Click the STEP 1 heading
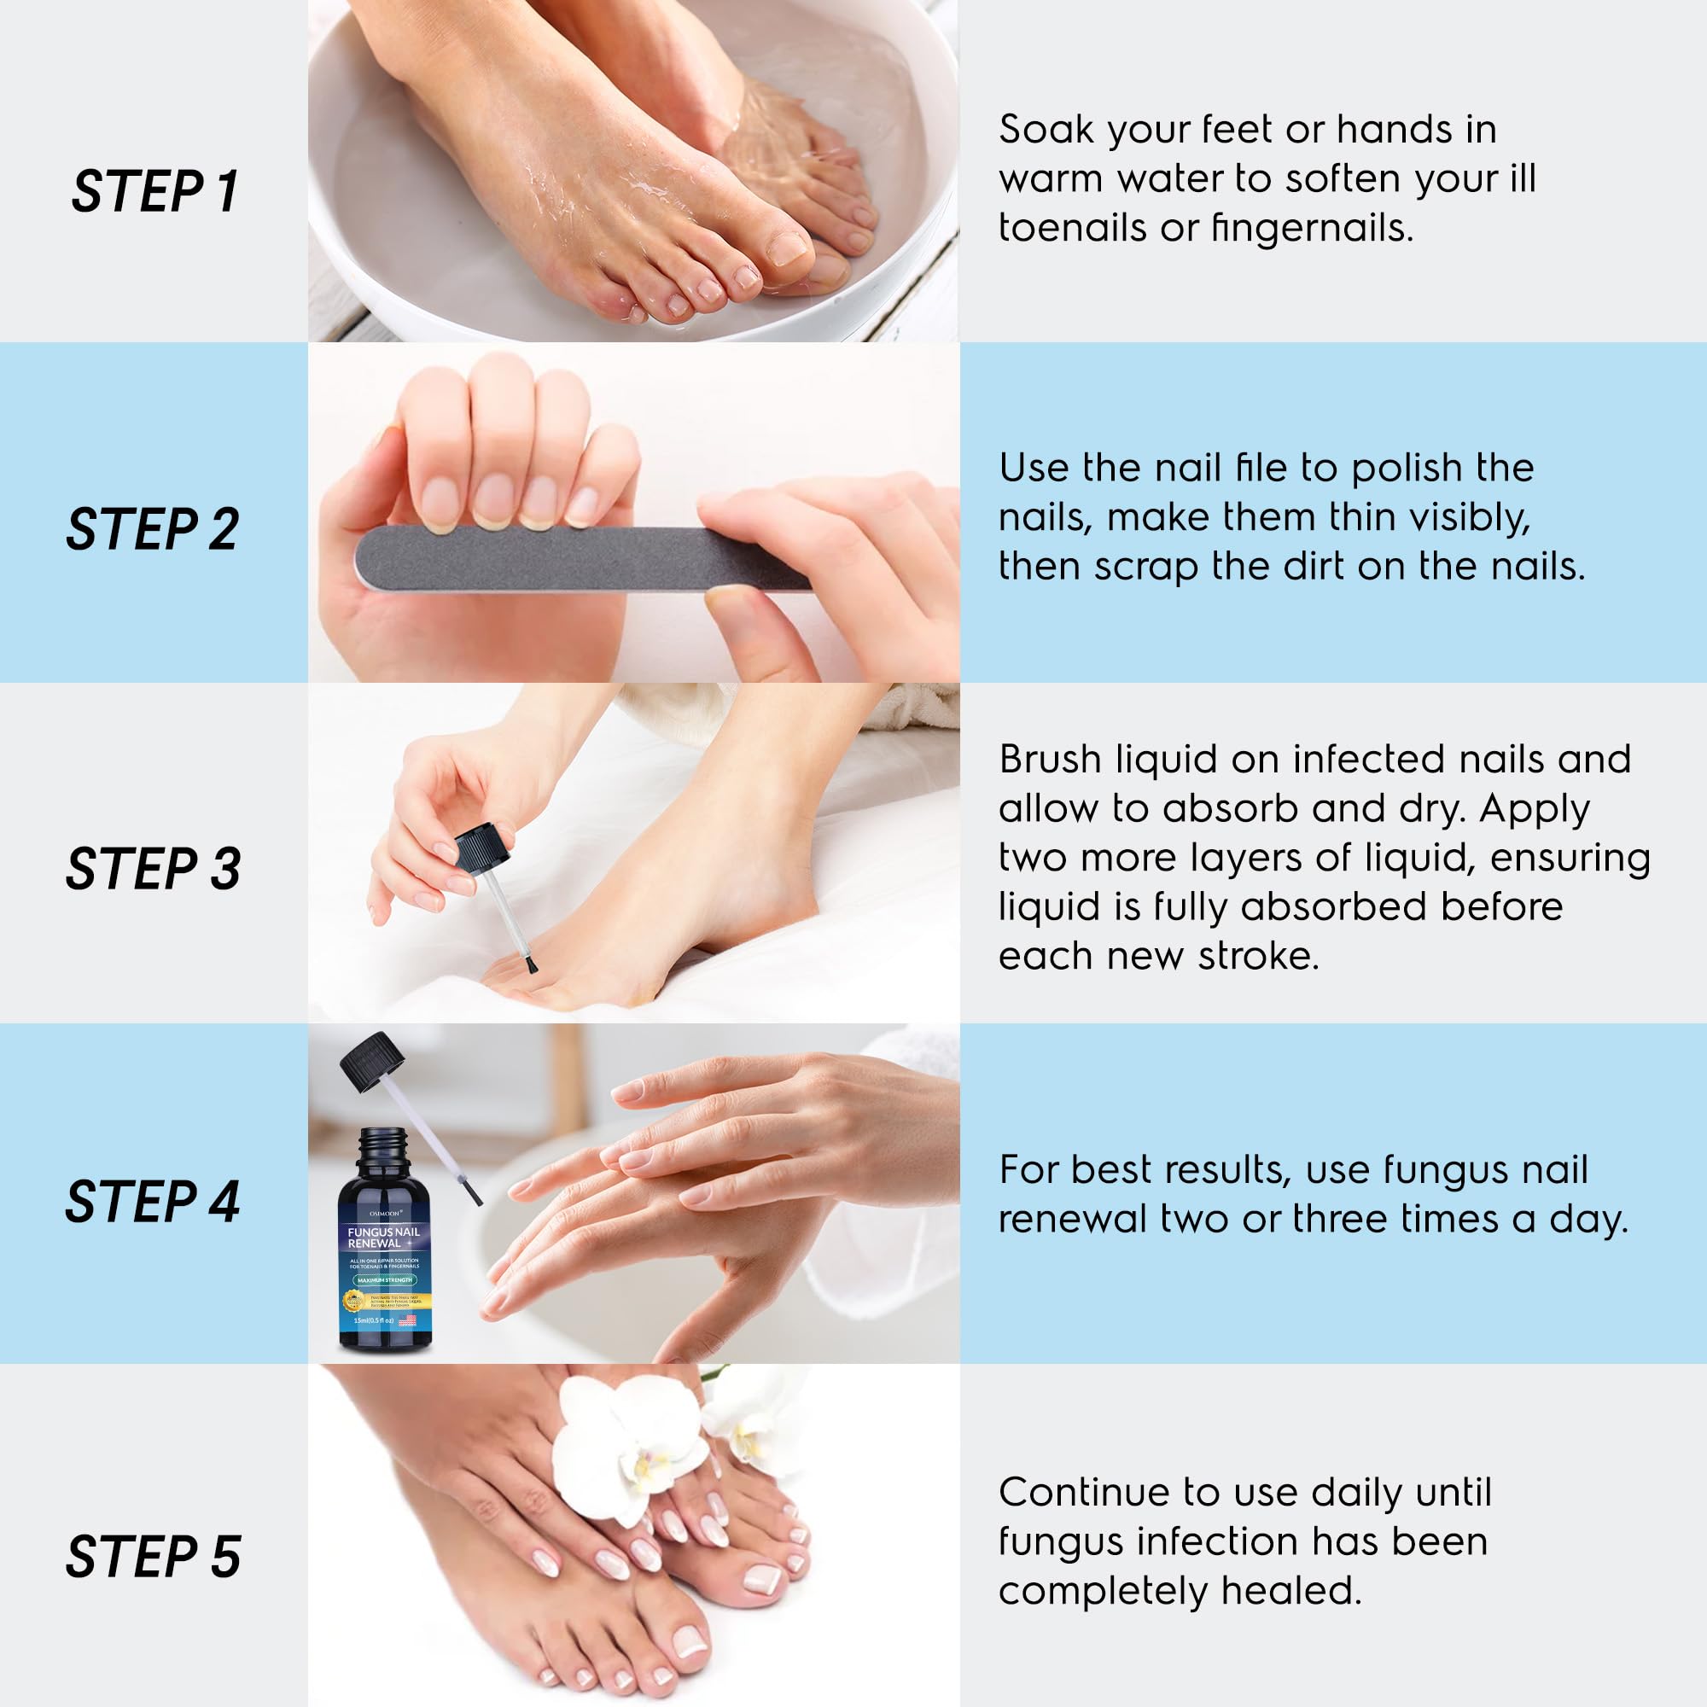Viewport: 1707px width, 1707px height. [x=154, y=192]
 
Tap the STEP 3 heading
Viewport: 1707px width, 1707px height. [x=153, y=869]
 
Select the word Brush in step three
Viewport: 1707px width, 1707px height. [x=1051, y=759]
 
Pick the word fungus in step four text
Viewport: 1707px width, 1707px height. [x=1433, y=1170]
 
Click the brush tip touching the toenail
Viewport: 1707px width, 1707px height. [x=531, y=968]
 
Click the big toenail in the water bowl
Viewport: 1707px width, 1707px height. [x=787, y=248]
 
